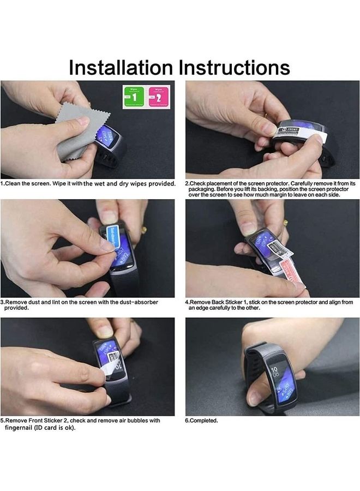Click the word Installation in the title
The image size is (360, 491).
tap(120, 68)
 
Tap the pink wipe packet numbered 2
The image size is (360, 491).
tap(159, 97)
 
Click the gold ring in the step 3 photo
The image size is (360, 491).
tap(144, 230)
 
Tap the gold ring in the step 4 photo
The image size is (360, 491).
tap(285, 223)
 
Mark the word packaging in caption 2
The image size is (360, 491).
tap(200, 189)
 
